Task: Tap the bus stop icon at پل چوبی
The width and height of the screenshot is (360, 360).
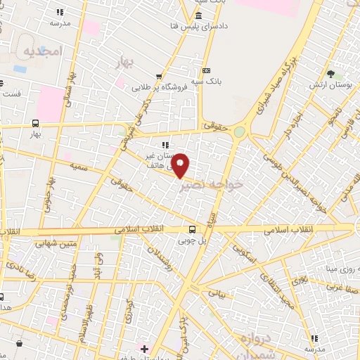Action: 192,229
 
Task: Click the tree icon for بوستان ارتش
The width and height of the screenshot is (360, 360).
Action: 330,73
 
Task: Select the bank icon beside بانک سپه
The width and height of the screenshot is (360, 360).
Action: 205,70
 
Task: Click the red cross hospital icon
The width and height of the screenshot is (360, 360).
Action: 144,349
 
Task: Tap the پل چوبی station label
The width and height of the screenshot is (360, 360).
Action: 193,240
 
